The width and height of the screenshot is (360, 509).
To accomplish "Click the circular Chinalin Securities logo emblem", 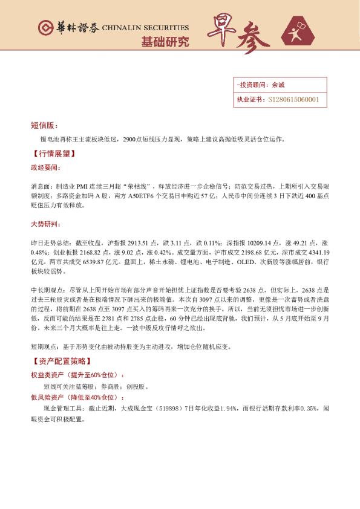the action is pyautogui.click(x=44, y=28).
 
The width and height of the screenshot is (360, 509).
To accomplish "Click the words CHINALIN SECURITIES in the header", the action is pyautogui.click(x=145, y=28).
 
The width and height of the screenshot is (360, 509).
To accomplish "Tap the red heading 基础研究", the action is pyautogui.click(x=165, y=42).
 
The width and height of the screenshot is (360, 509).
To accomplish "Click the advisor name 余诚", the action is pyautogui.click(x=278, y=85).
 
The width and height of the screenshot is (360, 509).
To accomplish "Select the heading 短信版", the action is pyautogui.click(x=44, y=126).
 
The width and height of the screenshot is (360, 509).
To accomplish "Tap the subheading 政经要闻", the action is pyautogui.click(x=45, y=167).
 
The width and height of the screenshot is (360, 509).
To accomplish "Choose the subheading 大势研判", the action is pyautogui.click(x=45, y=224).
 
